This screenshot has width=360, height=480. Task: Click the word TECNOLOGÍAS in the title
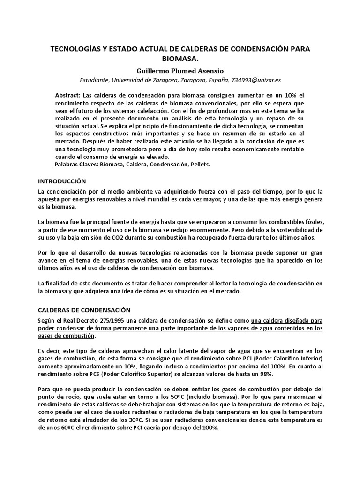(78, 49)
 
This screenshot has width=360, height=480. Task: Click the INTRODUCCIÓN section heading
(62, 180)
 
